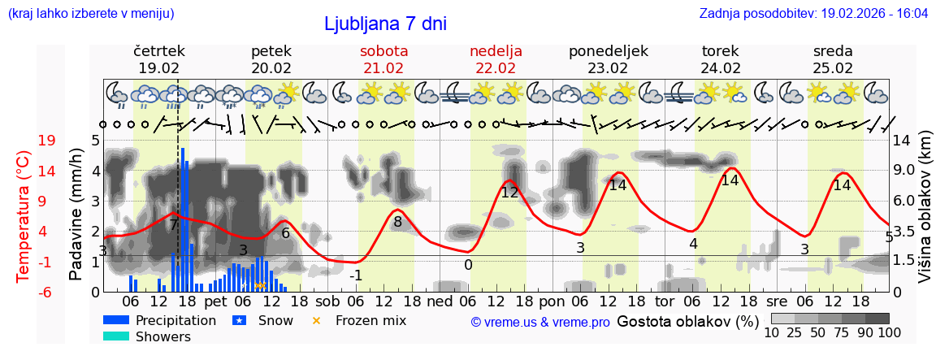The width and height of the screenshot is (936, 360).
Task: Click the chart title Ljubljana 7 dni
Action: point(385,24)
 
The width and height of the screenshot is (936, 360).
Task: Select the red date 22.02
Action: point(496,68)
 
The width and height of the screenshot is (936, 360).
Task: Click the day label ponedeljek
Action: point(609,51)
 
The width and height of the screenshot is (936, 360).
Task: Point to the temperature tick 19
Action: point(47,141)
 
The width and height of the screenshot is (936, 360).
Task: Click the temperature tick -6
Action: point(46,292)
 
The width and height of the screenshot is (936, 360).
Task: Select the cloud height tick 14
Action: point(903,141)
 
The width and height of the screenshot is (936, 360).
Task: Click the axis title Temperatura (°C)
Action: point(24,216)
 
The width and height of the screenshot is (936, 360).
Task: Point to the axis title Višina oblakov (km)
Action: point(925,216)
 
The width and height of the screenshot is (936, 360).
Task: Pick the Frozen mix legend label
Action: point(370,320)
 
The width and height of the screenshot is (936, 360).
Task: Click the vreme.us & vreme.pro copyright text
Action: point(540,322)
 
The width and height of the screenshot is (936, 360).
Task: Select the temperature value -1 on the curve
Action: point(355,275)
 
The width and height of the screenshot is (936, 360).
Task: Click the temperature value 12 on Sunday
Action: point(509,193)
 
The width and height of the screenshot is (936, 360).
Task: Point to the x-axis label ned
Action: point(440,301)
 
